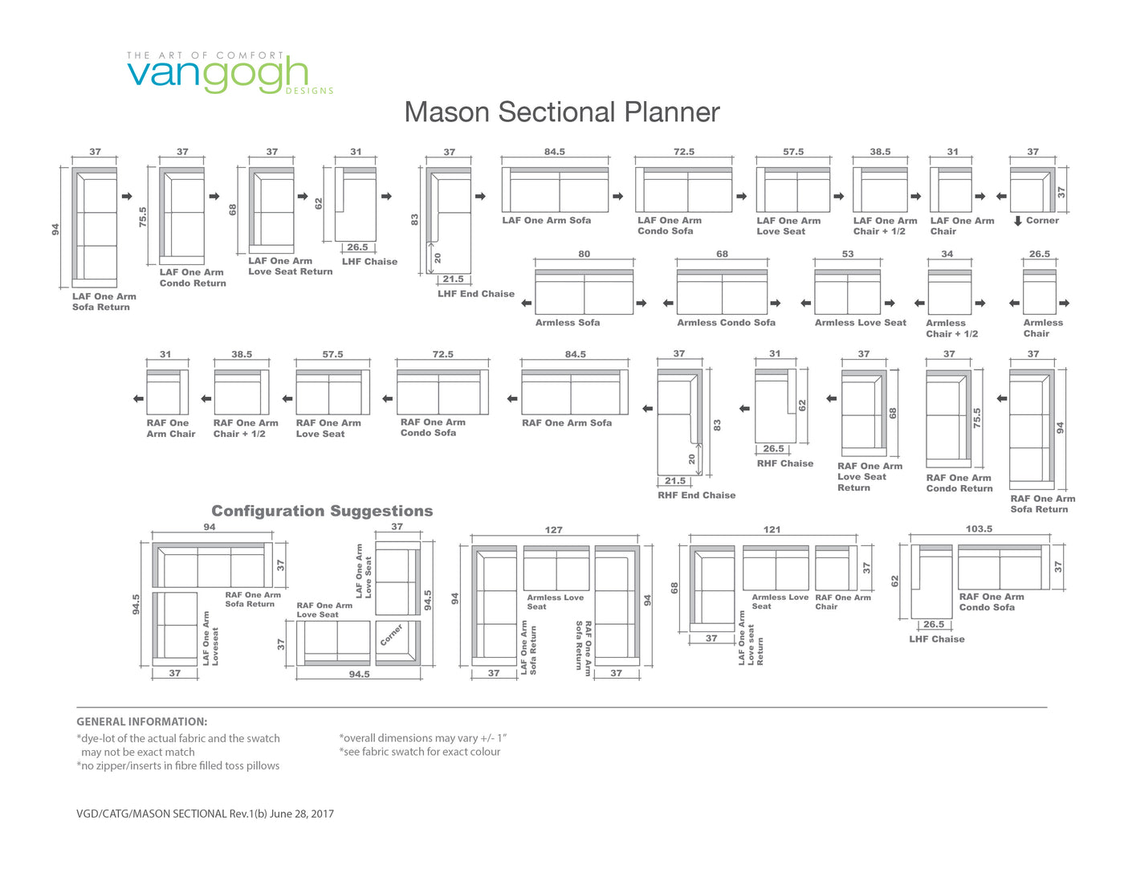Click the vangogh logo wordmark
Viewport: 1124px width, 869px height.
(x=218, y=75)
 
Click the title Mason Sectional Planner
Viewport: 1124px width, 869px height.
(x=562, y=112)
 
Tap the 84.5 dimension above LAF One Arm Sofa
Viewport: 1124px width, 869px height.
(x=554, y=152)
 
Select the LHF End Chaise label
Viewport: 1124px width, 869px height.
(x=476, y=294)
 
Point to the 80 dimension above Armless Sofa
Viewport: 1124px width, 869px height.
(x=584, y=254)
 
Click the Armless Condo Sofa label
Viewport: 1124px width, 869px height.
(x=727, y=323)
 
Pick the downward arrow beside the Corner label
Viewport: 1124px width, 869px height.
(x=1017, y=221)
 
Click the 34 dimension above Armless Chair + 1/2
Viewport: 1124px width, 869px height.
(x=947, y=254)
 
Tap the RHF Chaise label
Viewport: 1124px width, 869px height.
(x=785, y=463)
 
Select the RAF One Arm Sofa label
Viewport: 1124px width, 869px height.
(x=566, y=423)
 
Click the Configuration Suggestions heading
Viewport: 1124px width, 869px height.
(x=322, y=511)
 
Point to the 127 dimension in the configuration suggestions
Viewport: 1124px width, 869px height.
(x=553, y=530)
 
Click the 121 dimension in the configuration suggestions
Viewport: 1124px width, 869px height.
(x=772, y=530)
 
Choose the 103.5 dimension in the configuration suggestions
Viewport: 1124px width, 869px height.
(x=979, y=529)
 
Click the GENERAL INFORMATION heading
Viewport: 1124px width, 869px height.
(x=142, y=721)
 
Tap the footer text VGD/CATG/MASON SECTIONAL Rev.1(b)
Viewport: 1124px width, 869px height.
(x=172, y=814)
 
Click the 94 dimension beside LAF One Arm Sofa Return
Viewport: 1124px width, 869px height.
(x=55, y=230)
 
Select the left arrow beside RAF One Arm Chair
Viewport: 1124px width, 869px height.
(x=139, y=399)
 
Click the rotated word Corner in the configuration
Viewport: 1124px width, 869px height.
(x=391, y=635)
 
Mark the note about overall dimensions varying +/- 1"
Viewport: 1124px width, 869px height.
(x=422, y=738)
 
